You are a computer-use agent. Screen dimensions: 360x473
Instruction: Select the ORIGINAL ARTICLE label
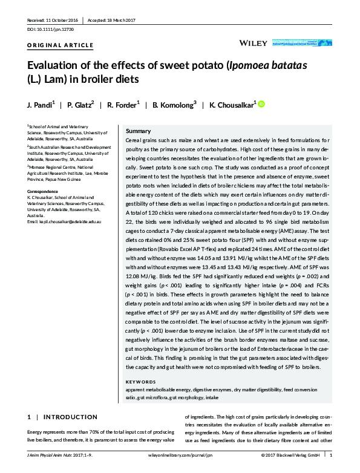coord(61,45)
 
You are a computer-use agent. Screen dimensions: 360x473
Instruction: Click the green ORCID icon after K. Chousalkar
coord(261,105)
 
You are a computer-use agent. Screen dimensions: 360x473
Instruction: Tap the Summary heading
coord(137,131)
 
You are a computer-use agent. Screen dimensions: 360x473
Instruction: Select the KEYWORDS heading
coord(140,382)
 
